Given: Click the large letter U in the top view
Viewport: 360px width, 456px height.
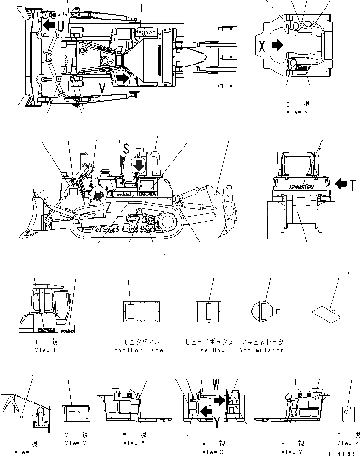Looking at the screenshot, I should pos(61,26).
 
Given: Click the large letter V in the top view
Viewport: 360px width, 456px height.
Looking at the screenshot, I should pos(102,87).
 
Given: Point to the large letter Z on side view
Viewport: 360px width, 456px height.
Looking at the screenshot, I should pos(109,206).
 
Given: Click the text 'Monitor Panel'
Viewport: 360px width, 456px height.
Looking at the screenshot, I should pos(141,350).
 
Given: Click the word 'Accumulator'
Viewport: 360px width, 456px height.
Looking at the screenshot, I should pos(262,350).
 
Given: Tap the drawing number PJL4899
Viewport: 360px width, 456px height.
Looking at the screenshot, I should pos(340,452).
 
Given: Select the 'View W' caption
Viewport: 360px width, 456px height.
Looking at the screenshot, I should pos(131,443).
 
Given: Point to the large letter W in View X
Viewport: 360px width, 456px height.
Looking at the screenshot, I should pos(216,384).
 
